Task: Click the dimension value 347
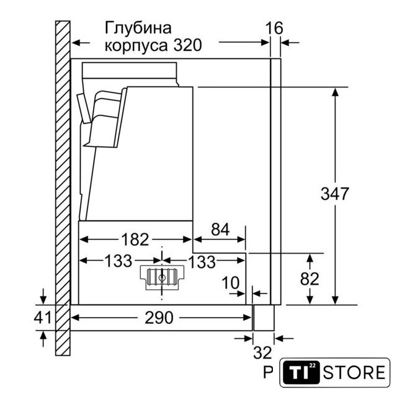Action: [x=334, y=194]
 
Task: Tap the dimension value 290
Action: [x=159, y=318]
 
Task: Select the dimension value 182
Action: [x=135, y=239]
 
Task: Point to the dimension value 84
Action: [x=220, y=230]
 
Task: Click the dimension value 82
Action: [x=310, y=279]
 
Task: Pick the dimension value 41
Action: [x=42, y=318]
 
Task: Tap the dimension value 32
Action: [x=262, y=353]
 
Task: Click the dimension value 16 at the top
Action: [x=274, y=28]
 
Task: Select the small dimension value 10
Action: [x=230, y=283]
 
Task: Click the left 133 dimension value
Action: [x=118, y=261]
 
